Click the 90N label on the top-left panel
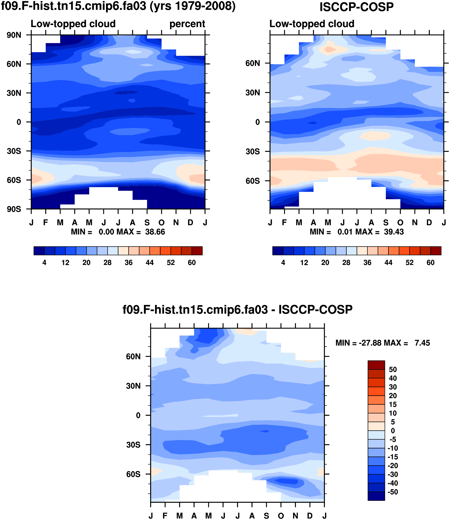14,35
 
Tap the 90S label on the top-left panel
14,209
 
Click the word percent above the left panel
187,24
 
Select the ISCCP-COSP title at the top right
356,7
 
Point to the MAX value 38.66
155,232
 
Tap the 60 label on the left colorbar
192,263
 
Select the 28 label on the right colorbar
346,263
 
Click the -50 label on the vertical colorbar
393,492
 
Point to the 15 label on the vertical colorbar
393,404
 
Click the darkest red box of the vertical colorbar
376,365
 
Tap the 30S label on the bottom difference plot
133,445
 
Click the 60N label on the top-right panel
253,63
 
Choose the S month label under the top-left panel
147,223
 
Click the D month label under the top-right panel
429,223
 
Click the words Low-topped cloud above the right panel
312,24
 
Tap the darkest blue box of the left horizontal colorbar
39,251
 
